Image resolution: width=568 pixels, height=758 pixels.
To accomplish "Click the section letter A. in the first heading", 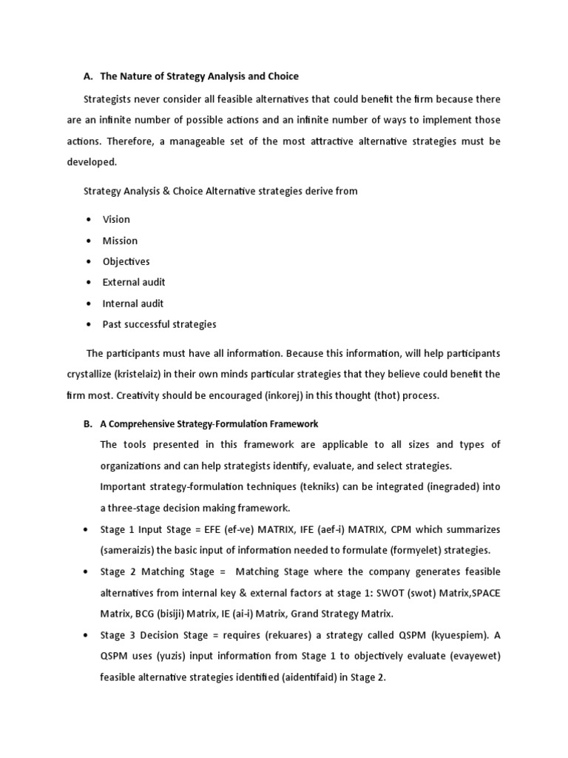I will click(88, 76).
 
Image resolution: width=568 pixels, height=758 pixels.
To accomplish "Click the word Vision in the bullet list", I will click(116, 219).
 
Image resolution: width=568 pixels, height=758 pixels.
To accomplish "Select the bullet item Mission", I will click(120, 241).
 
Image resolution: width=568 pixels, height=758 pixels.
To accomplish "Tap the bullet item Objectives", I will click(126, 261).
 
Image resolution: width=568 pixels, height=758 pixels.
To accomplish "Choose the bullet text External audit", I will click(134, 282).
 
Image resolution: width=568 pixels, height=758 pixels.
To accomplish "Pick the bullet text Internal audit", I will click(133, 303).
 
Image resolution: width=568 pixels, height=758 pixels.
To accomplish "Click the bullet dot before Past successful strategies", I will click(88, 324).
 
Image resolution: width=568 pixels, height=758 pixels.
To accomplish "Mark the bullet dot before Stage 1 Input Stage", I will click(88, 530).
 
